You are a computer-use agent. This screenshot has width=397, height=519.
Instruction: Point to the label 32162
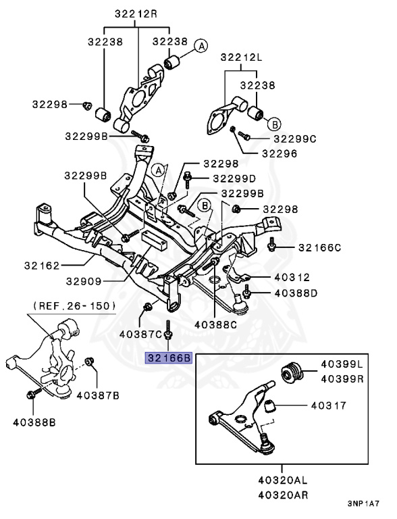(x=42, y=266)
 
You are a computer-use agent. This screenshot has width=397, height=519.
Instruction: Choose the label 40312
(x=291, y=276)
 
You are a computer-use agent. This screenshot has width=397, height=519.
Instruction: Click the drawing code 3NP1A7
(x=365, y=503)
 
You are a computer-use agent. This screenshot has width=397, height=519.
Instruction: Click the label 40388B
(x=34, y=423)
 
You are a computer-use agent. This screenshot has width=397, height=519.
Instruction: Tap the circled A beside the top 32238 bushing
(x=201, y=46)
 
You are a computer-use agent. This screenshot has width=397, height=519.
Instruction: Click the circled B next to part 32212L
(x=275, y=124)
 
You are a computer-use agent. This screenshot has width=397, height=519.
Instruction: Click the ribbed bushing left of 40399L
(x=291, y=374)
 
